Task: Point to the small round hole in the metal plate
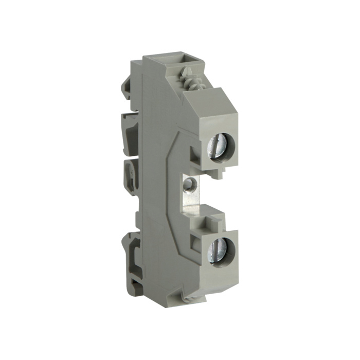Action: click(191, 183)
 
